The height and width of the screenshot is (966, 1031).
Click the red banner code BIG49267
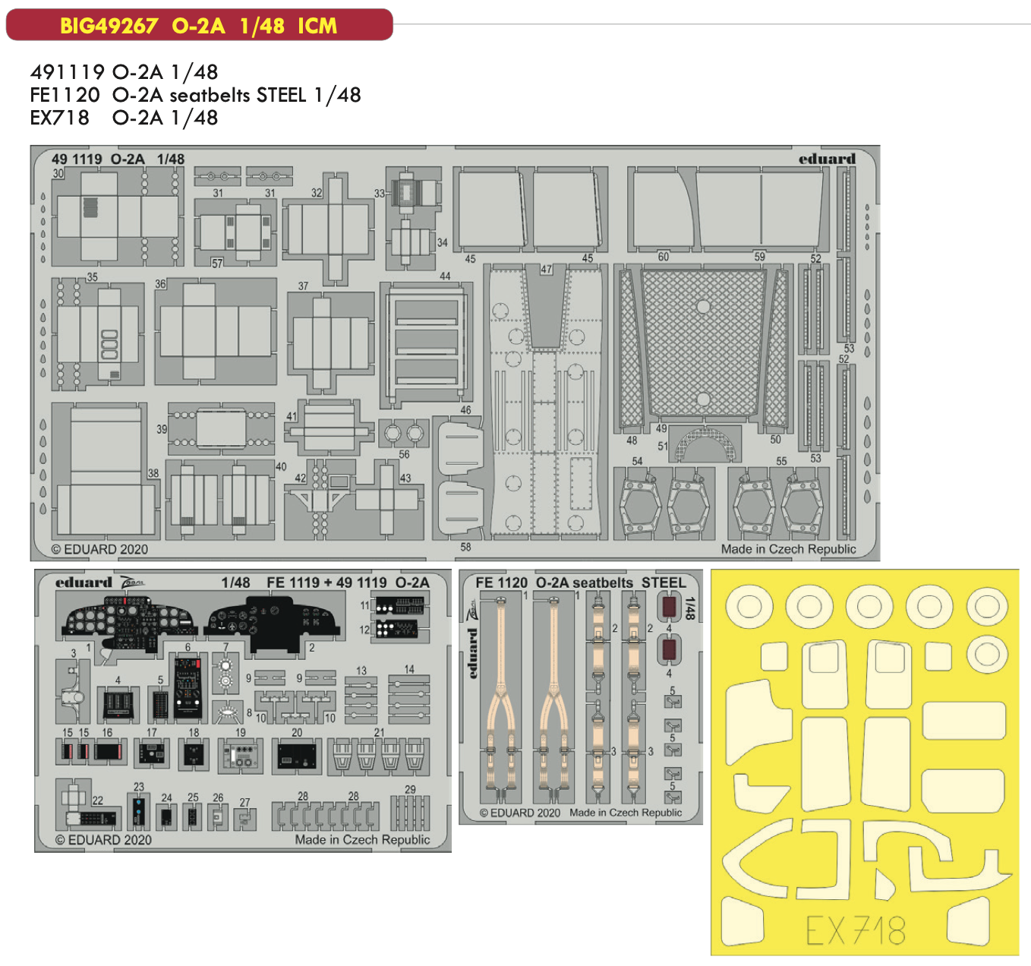109,26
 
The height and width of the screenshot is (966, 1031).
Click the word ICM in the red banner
317,26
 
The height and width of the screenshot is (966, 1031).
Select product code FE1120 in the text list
65,95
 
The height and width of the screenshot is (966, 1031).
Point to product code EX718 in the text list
59,118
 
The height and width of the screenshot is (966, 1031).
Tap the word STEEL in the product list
282,95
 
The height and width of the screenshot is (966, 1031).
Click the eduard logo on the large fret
827,159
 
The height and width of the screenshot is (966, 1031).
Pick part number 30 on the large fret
58,173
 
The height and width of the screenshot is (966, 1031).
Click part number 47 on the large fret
547,269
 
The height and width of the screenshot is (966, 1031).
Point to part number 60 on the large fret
664,257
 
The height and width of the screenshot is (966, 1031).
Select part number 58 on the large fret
465,547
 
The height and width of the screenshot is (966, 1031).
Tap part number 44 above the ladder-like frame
445,276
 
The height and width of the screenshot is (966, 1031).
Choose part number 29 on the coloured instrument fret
410,789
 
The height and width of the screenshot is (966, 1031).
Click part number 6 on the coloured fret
188,648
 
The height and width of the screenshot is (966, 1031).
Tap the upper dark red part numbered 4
669,607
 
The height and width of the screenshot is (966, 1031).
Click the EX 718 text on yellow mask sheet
856,930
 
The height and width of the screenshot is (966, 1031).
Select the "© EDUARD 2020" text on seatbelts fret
520,813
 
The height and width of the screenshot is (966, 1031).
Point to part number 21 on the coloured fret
379,732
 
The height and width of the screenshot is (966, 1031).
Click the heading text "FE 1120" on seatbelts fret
501,582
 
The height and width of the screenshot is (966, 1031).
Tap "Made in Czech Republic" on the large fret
788,549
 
